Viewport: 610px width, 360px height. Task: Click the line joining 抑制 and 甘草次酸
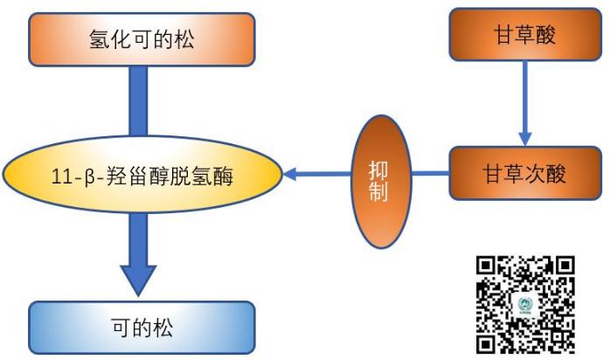pos(432,173)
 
